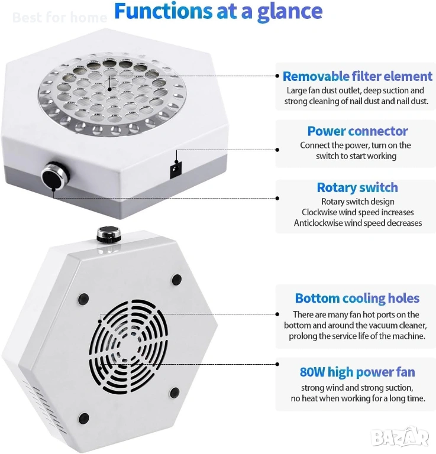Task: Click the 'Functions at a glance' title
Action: pyautogui.click(x=218, y=11)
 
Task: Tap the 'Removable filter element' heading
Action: pyautogui.click(x=357, y=76)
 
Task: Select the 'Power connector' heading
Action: pyautogui.click(x=357, y=131)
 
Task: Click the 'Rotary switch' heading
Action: pyautogui.click(x=357, y=187)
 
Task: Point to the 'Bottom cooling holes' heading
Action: pyautogui.click(x=357, y=299)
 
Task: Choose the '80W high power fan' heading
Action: pyautogui.click(x=357, y=372)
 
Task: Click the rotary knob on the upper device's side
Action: pyautogui.click(x=56, y=176)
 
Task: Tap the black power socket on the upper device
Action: pyautogui.click(x=175, y=170)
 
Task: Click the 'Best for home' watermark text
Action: pyautogui.click(x=60, y=17)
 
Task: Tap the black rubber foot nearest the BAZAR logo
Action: pyautogui.click(x=175, y=393)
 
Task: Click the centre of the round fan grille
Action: pyautogui.click(x=128, y=346)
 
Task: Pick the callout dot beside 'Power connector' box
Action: pyautogui.click(x=277, y=150)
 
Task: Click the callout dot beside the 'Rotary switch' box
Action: pyautogui.click(x=277, y=199)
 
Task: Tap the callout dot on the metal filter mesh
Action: pyautogui.click(x=109, y=89)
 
